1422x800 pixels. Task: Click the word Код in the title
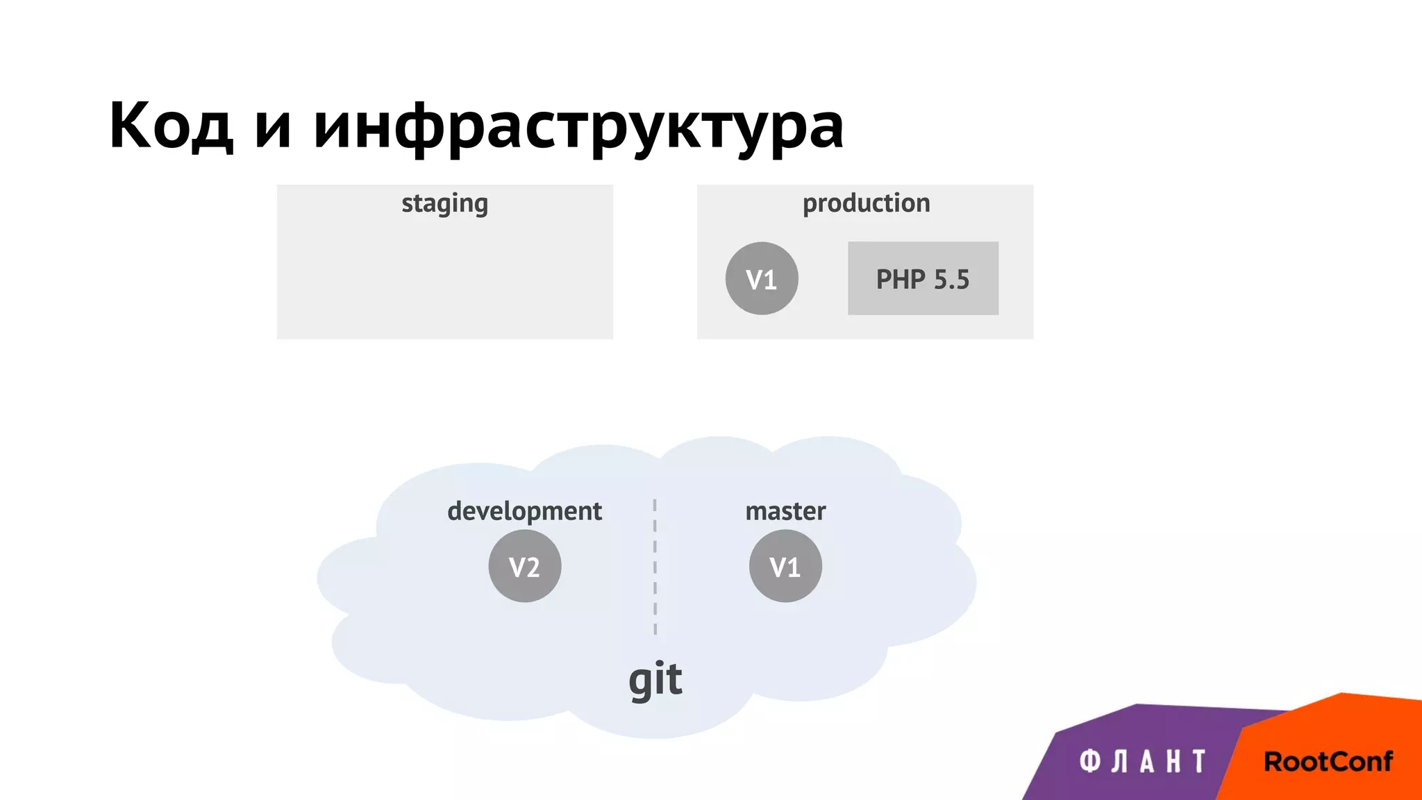point(171,126)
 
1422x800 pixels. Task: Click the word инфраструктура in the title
point(578,127)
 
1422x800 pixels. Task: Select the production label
point(866,203)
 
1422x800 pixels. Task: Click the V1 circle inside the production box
point(762,278)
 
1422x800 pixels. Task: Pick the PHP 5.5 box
point(923,278)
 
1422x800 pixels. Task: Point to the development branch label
point(524,512)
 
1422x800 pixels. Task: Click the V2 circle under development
point(524,566)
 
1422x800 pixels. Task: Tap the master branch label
point(785,512)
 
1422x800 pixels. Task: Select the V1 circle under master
point(785,566)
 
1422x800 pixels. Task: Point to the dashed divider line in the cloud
point(655,566)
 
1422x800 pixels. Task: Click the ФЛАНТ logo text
point(1142,762)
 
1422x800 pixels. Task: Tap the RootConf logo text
point(1328,762)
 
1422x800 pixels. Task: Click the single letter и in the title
point(272,128)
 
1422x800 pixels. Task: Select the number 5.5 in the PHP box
point(951,279)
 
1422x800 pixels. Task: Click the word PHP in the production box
point(901,279)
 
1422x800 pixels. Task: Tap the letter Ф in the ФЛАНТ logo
point(1090,762)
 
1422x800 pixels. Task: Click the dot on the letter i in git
point(659,662)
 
